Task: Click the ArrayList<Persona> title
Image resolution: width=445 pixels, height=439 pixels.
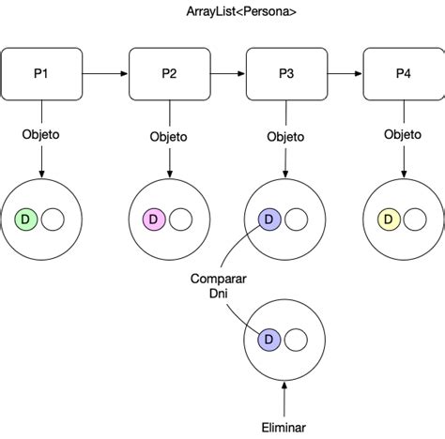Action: click(x=241, y=12)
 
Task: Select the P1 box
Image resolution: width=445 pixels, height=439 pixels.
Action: click(x=41, y=74)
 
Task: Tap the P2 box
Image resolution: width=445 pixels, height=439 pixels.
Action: click(x=170, y=74)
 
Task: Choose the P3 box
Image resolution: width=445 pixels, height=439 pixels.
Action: click(x=286, y=74)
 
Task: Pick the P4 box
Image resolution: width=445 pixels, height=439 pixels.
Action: click(x=404, y=74)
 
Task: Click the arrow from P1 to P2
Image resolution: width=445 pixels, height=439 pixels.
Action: click(x=105, y=74)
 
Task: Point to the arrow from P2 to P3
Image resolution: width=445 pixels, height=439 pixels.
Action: click(x=228, y=74)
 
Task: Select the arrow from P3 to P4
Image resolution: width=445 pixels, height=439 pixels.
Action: click(x=345, y=74)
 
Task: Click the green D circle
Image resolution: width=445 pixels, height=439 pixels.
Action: click(x=26, y=219)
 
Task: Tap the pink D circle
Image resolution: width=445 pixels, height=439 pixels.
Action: click(x=154, y=219)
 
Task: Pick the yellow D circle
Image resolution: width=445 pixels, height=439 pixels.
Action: click(x=389, y=219)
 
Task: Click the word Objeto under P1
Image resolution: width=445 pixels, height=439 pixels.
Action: click(x=40, y=135)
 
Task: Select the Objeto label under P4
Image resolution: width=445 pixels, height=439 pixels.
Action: click(x=403, y=135)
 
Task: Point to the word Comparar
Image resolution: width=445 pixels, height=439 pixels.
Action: click(x=218, y=279)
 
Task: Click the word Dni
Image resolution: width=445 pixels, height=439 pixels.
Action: click(x=218, y=294)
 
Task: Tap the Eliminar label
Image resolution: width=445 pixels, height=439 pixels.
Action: click(x=284, y=428)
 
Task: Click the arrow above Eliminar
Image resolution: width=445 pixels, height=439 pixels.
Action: click(x=284, y=400)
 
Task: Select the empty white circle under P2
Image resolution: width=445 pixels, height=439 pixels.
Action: click(x=181, y=219)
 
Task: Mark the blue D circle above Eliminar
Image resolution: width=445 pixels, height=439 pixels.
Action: click(x=269, y=340)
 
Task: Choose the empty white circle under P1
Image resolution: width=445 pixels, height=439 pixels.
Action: click(x=53, y=219)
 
